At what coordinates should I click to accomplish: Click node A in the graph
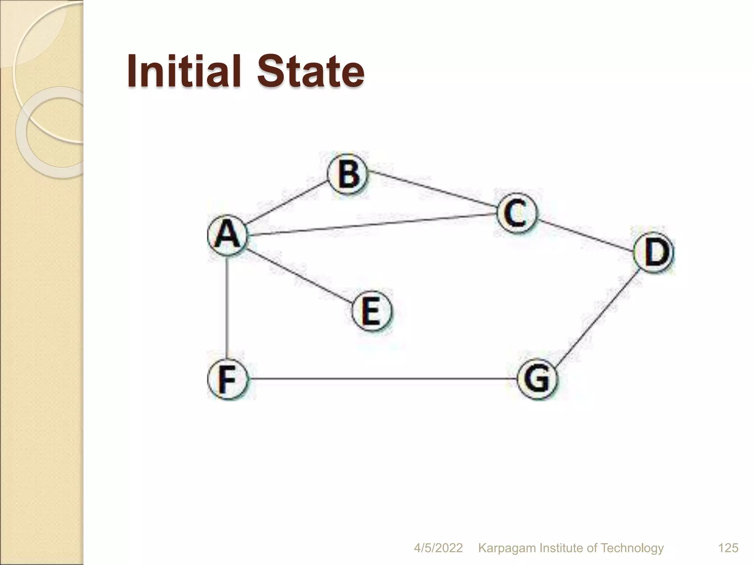(x=227, y=235)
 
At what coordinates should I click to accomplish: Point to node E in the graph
(x=372, y=311)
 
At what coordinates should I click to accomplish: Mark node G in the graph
(x=537, y=379)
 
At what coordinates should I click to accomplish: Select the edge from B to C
(x=432, y=192)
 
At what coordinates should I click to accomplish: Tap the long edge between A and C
(x=371, y=224)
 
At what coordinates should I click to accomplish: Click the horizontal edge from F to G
(x=382, y=379)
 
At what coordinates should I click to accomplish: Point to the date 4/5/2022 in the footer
(x=438, y=548)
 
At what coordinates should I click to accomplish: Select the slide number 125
(x=728, y=548)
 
